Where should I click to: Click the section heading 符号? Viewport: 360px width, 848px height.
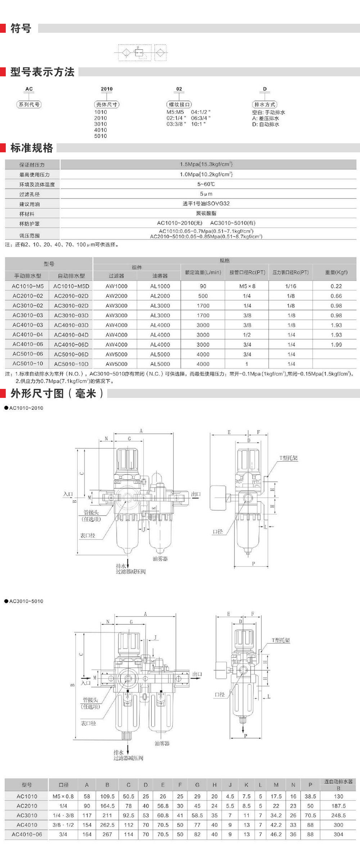pyautogui.click(x=21, y=28)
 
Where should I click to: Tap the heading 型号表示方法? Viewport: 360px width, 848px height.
pyautogui.click(x=42, y=72)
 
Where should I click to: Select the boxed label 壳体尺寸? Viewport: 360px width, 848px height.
pyautogui.click(x=107, y=104)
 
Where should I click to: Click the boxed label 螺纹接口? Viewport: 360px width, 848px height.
pyautogui.click(x=179, y=104)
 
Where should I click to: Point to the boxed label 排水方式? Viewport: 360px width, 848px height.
pyautogui.click(x=265, y=104)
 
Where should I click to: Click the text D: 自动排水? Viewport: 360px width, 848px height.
pyautogui.click(x=266, y=125)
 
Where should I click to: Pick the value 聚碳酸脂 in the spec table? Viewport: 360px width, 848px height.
pyautogui.click(x=206, y=213)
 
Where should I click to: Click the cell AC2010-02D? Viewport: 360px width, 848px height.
pyautogui.click(x=71, y=296)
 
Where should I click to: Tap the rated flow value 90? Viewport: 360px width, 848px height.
pyautogui.click(x=203, y=286)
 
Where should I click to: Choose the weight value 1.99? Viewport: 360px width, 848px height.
pyautogui.click(x=336, y=345)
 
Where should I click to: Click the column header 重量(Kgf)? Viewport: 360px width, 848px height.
pyautogui.click(x=336, y=272)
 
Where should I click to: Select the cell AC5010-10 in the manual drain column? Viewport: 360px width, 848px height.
pyautogui.click(x=28, y=364)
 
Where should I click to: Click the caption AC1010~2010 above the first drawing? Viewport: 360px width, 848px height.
pyautogui.click(x=26, y=408)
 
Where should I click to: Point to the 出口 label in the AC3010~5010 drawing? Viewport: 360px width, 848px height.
pyautogui.click(x=197, y=674)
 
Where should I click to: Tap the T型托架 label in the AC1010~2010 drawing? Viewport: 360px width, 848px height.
pyautogui.click(x=288, y=458)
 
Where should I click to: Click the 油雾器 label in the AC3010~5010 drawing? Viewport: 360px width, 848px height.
pyautogui.click(x=162, y=743)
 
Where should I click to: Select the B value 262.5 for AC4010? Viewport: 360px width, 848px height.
pyautogui.click(x=107, y=825)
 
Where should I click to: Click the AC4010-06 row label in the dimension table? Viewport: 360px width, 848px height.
pyautogui.click(x=27, y=834)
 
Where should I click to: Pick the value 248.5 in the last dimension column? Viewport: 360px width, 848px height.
pyautogui.click(x=338, y=815)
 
